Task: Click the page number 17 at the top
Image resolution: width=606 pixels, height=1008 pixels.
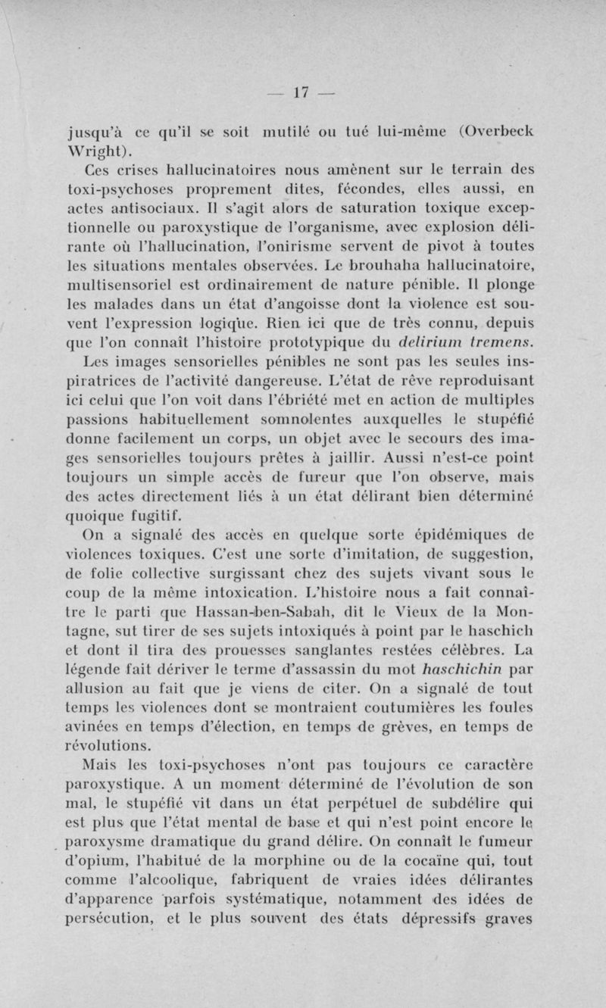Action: [x=302, y=92]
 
